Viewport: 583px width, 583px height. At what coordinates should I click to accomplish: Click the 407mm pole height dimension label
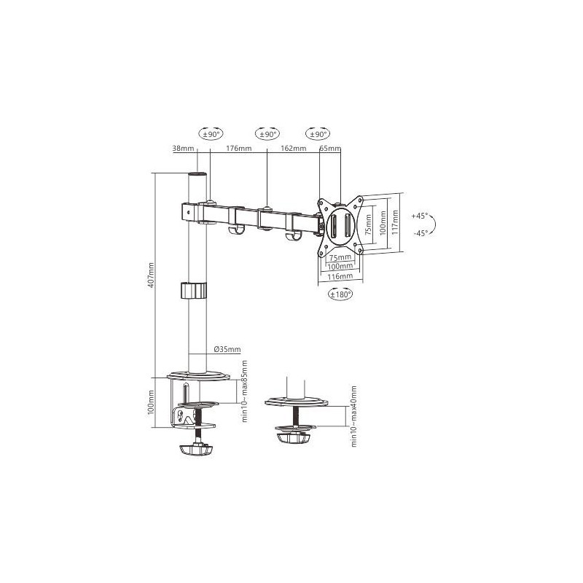(x=151, y=275)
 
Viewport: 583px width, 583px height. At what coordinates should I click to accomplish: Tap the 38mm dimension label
(x=184, y=149)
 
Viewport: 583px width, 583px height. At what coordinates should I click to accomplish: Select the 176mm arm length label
(x=239, y=149)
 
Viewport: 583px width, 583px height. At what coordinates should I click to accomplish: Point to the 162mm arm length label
(x=294, y=149)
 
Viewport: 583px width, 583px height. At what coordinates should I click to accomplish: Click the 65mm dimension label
(x=330, y=149)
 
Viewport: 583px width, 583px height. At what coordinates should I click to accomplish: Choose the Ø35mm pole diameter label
(x=227, y=349)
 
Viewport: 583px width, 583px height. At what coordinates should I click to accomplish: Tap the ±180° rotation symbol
(x=340, y=294)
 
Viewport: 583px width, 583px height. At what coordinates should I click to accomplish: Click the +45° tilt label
(x=420, y=216)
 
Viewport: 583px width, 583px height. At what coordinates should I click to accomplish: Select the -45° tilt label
(x=420, y=233)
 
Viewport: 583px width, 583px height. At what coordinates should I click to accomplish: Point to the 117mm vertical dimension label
(x=395, y=222)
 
